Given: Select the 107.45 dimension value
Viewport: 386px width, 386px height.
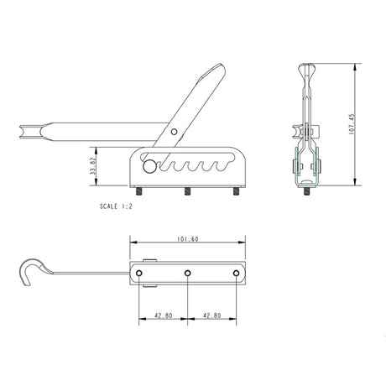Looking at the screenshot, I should click(363, 126).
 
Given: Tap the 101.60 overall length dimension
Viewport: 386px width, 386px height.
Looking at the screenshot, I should click(189, 238).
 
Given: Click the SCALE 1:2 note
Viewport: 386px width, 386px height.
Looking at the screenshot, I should click(117, 205).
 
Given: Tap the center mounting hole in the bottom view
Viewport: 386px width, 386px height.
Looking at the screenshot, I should click(188, 274).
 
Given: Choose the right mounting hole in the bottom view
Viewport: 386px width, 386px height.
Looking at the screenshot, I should click(237, 274).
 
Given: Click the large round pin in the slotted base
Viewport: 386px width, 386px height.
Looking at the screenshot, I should click(149, 166).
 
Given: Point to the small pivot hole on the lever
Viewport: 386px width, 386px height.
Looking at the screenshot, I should click(175, 131).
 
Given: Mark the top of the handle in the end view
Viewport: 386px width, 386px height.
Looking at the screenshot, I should click(308, 67).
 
